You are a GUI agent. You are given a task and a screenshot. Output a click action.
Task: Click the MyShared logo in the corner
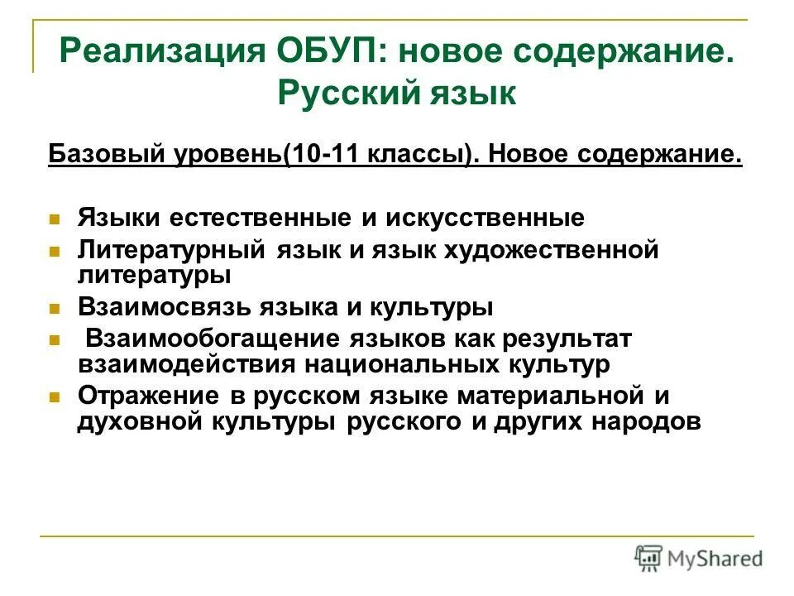[x=698, y=557]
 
